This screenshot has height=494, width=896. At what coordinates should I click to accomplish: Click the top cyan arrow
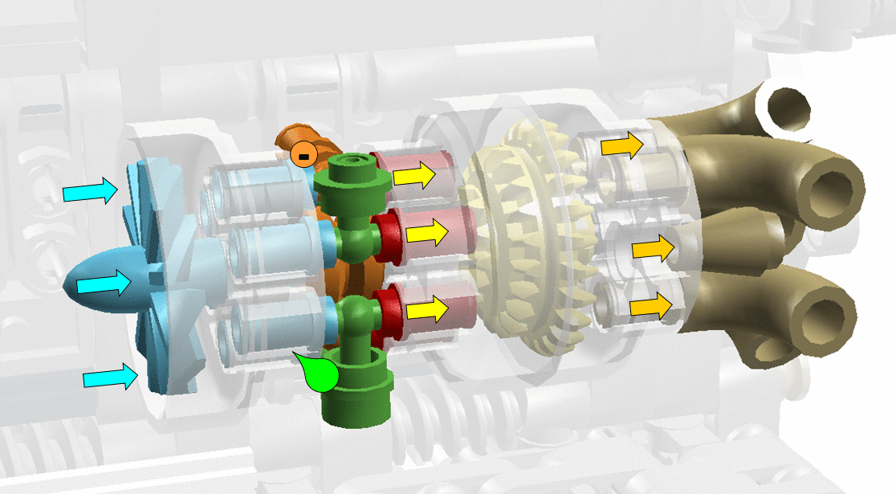tap(89, 191)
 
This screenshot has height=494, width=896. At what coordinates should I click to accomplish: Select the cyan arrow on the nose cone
tap(103, 284)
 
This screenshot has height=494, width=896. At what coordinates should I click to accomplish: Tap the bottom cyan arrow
tap(109, 378)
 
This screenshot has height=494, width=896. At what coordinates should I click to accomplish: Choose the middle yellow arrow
tap(425, 234)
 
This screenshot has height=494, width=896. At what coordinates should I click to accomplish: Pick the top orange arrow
tap(623, 145)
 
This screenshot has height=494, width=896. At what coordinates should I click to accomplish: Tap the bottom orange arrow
tap(650, 307)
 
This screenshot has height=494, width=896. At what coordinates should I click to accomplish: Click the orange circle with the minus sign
tap(304, 153)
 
